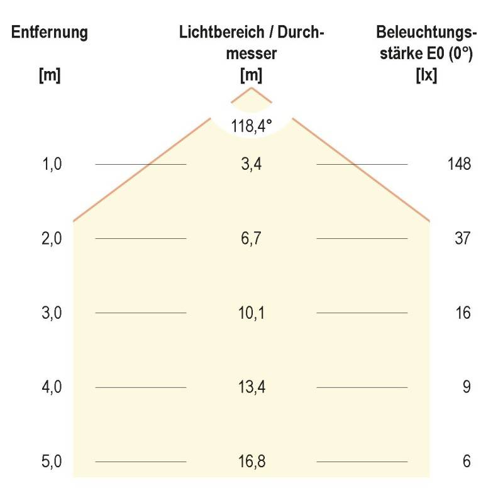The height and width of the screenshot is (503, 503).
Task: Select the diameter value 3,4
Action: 251,165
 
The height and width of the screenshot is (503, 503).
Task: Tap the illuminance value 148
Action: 460,165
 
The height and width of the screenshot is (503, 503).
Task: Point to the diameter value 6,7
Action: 251,239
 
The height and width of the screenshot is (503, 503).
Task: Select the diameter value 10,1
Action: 251,313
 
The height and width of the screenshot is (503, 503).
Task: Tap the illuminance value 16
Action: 463,313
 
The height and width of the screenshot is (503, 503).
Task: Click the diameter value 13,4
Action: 251,387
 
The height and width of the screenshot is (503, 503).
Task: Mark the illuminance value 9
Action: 466,387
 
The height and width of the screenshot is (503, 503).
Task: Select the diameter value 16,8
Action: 251,462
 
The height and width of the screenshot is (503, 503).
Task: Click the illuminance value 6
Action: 466,462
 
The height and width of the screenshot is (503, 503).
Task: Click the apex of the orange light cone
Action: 251,87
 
